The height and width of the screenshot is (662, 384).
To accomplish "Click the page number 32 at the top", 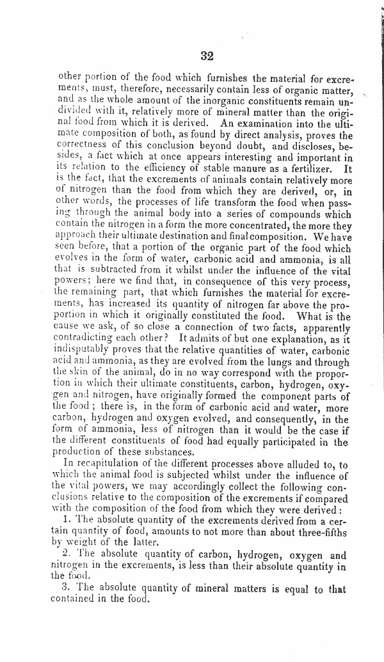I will [206, 56].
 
